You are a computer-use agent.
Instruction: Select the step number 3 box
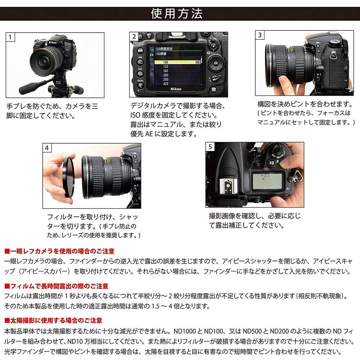[260, 35]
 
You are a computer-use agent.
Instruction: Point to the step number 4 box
[47, 148]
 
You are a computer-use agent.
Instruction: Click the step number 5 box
[210, 147]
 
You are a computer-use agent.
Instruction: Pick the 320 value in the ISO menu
[166, 84]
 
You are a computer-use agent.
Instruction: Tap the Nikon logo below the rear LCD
[176, 89]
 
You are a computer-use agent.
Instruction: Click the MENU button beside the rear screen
[140, 50]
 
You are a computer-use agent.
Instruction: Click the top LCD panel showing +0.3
[267, 179]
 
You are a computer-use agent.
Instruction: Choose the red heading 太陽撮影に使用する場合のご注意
[53, 320]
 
